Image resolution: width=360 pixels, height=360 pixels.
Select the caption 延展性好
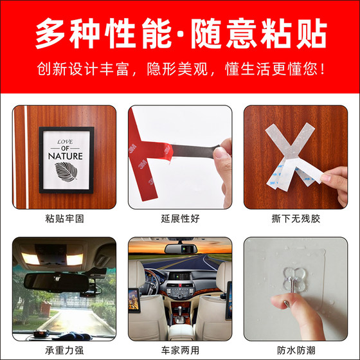(x=180, y=219)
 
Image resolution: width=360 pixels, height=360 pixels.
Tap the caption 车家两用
(x=180, y=351)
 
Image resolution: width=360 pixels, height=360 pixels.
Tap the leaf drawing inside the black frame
(x=64, y=172)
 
